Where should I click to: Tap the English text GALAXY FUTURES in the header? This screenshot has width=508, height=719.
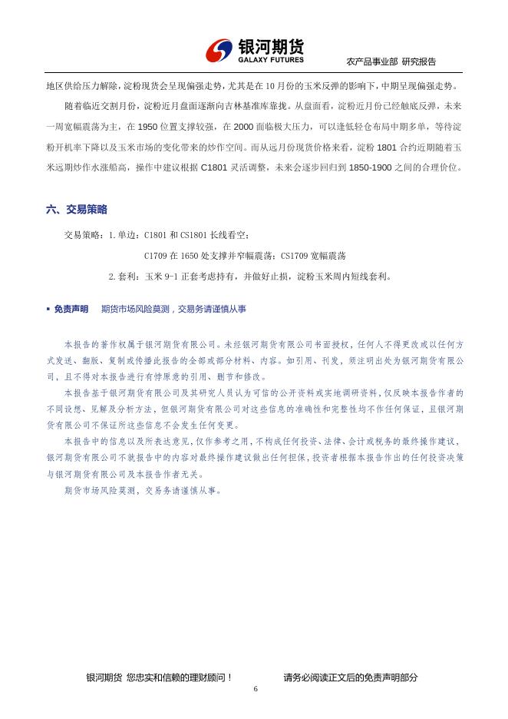click(271, 59)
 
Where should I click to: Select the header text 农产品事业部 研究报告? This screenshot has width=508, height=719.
click(392, 61)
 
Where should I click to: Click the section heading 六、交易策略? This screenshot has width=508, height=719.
click(77, 209)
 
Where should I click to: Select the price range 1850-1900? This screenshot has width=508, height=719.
click(370, 167)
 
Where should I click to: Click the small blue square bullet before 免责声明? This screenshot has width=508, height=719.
click(48, 309)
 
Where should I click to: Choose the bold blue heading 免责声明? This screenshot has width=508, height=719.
click(71, 309)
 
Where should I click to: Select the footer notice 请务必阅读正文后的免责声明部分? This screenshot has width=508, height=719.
click(351, 677)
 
